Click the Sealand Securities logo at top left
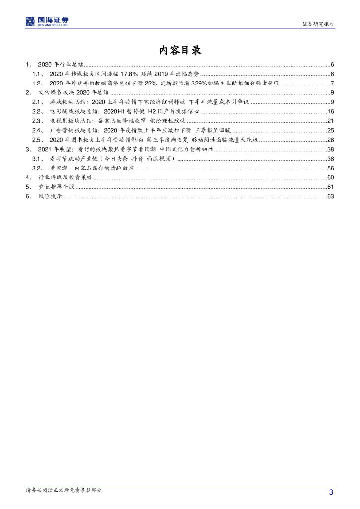[x=47, y=22]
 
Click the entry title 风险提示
[x=50, y=196]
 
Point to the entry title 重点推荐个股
[x=56, y=187]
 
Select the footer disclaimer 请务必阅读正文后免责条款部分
[x=64, y=490]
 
